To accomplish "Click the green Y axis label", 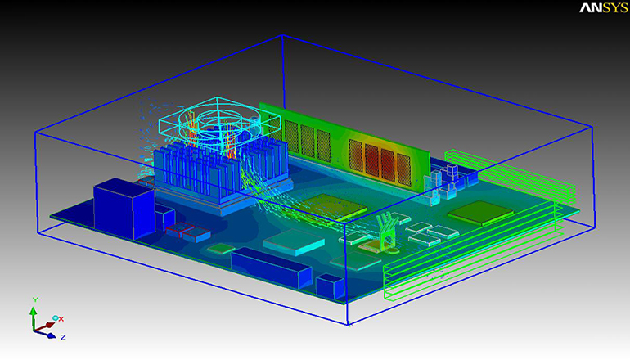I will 34,299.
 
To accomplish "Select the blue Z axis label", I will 63,336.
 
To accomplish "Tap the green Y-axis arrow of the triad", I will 34,314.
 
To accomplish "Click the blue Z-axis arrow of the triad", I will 47,332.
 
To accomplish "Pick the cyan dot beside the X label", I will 54,317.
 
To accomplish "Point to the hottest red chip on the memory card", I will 385,155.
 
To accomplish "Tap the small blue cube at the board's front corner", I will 329,287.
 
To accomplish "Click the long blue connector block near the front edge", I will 271,267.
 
